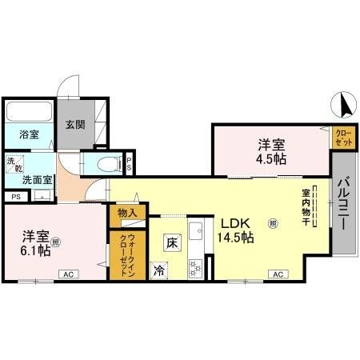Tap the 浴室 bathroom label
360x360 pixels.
click(29, 134)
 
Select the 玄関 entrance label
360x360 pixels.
click(75, 124)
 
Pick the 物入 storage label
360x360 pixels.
click(128, 213)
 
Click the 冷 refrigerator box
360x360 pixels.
click(159, 270)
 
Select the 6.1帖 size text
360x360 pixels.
click(37, 251)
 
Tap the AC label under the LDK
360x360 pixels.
click(278, 274)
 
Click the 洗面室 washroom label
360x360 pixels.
click(37, 180)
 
